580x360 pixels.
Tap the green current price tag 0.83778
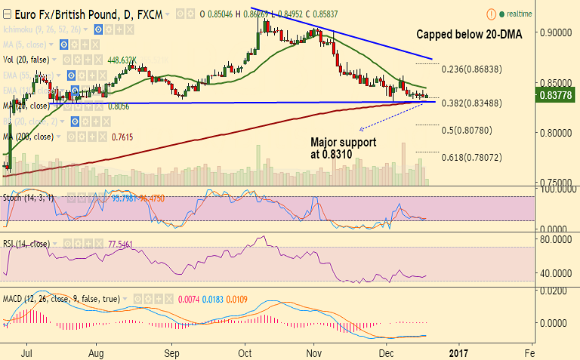click(x=557, y=94)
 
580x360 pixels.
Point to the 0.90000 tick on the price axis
click(x=556, y=33)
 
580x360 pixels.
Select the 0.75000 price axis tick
click(x=556, y=183)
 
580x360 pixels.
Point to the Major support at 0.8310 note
click(x=343, y=147)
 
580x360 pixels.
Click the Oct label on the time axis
click(x=246, y=352)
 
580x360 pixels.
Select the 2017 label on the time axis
click(x=458, y=352)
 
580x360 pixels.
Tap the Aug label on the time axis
click(x=96, y=352)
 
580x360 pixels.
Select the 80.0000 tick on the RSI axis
click(x=556, y=238)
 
